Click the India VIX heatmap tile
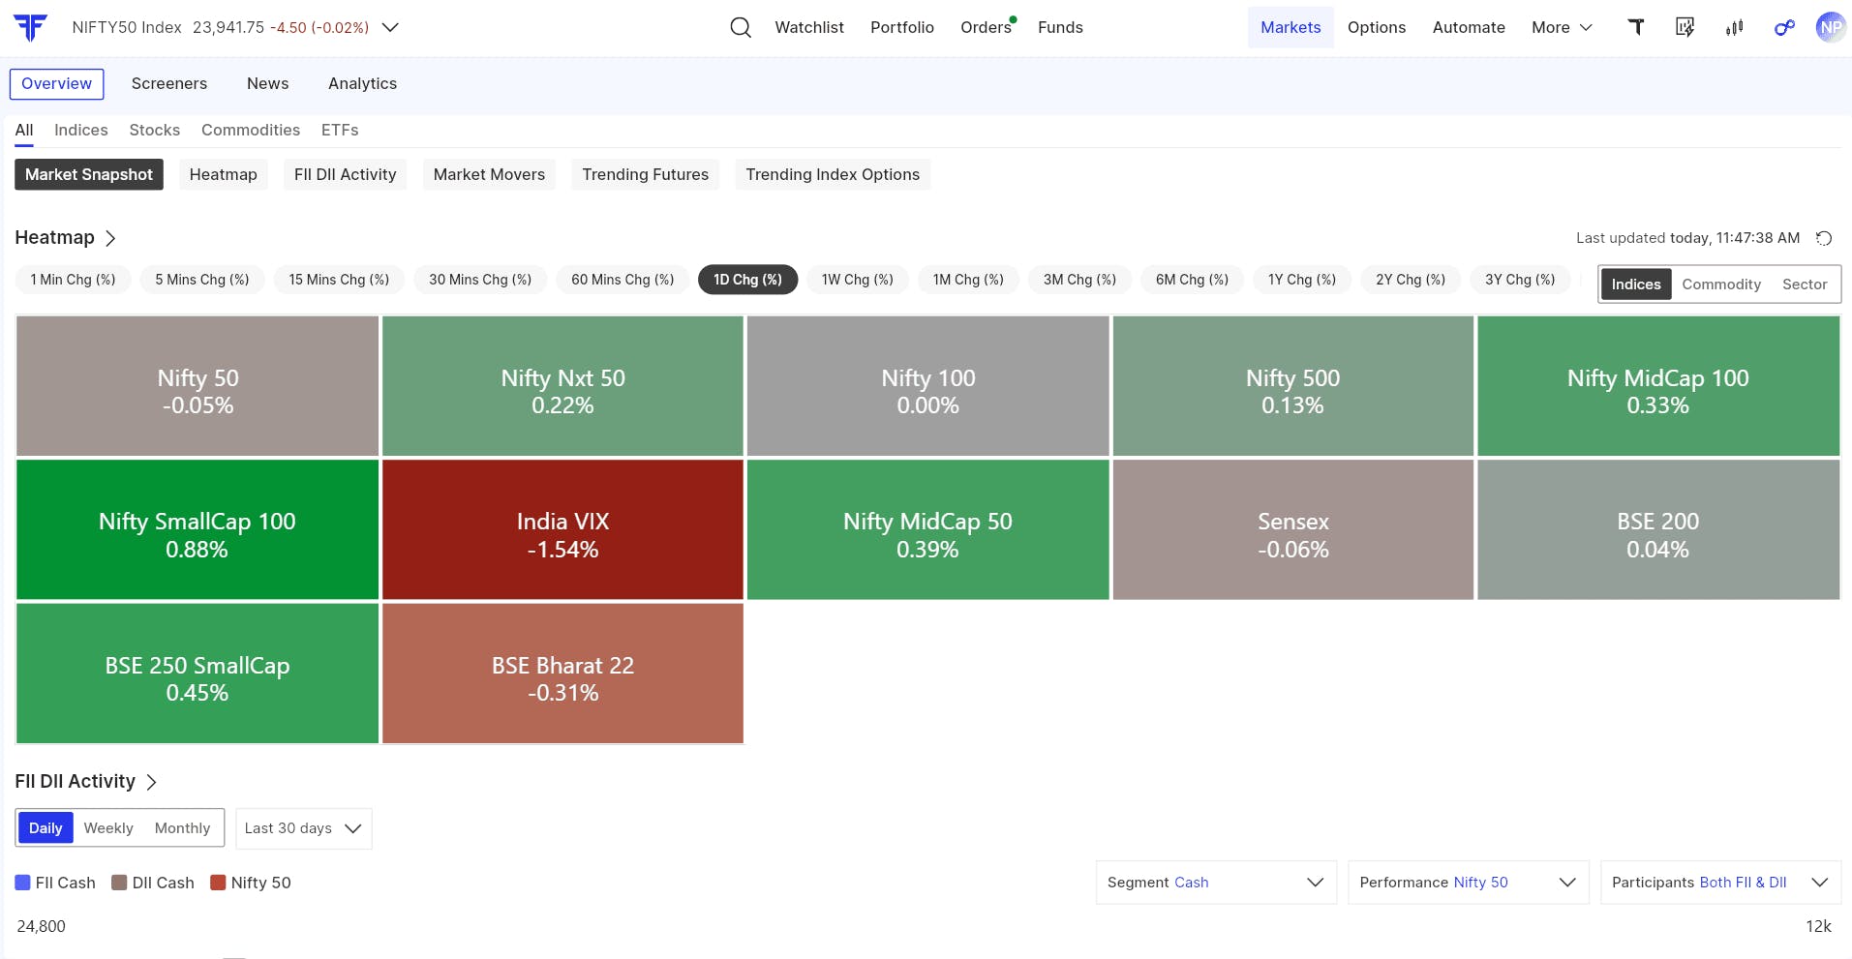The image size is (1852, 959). coord(562,529)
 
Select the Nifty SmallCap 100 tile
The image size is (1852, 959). coord(197,529)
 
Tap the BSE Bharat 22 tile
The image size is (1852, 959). coord(562,674)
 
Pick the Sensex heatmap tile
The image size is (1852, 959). coord(1293,529)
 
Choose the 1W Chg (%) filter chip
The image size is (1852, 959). coord(858,280)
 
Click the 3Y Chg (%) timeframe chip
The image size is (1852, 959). coord(1520,280)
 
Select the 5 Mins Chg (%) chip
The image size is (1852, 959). coord(202,280)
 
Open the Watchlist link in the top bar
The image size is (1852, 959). coord(809,27)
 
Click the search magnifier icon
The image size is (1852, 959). coord(741,27)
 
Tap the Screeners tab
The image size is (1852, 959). coord(169,83)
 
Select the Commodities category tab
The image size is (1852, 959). coord(251,130)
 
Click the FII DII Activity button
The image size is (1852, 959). coord(346,174)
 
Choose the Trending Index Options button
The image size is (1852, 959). coord(833,174)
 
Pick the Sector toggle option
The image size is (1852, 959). coord(1805,285)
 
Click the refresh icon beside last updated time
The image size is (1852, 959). coord(1824,238)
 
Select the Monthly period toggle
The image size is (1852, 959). coord(182,828)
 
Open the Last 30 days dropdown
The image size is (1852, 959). coord(304,828)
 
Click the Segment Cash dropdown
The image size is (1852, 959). coord(1216,883)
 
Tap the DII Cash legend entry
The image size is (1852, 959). coord(153,883)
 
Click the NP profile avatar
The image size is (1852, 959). coord(1831,27)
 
